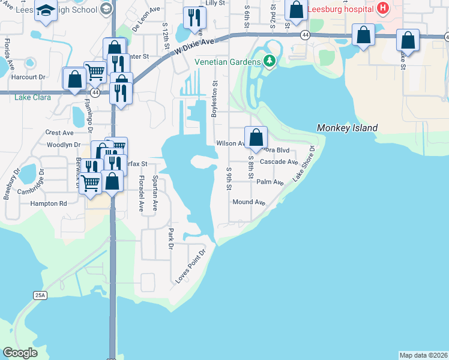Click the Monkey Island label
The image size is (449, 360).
pyautogui.click(x=348, y=128)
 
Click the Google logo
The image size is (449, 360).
pyautogui.click(x=20, y=353)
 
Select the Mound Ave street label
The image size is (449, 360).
pyautogui.click(x=249, y=203)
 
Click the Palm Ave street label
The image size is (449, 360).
pyautogui.click(x=270, y=182)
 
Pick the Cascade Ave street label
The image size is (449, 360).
pyautogui.click(x=279, y=162)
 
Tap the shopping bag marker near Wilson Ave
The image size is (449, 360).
pyautogui.click(x=256, y=137)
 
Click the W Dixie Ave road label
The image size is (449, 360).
pyautogui.click(x=194, y=46)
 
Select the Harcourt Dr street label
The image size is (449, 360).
pyautogui.click(x=28, y=77)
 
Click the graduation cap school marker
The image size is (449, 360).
pyautogui.click(x=46, y=10)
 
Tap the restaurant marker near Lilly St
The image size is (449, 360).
pyautogui.click(x=194, y=18)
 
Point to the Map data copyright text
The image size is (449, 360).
pyautogui.click(x=423, y=355)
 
